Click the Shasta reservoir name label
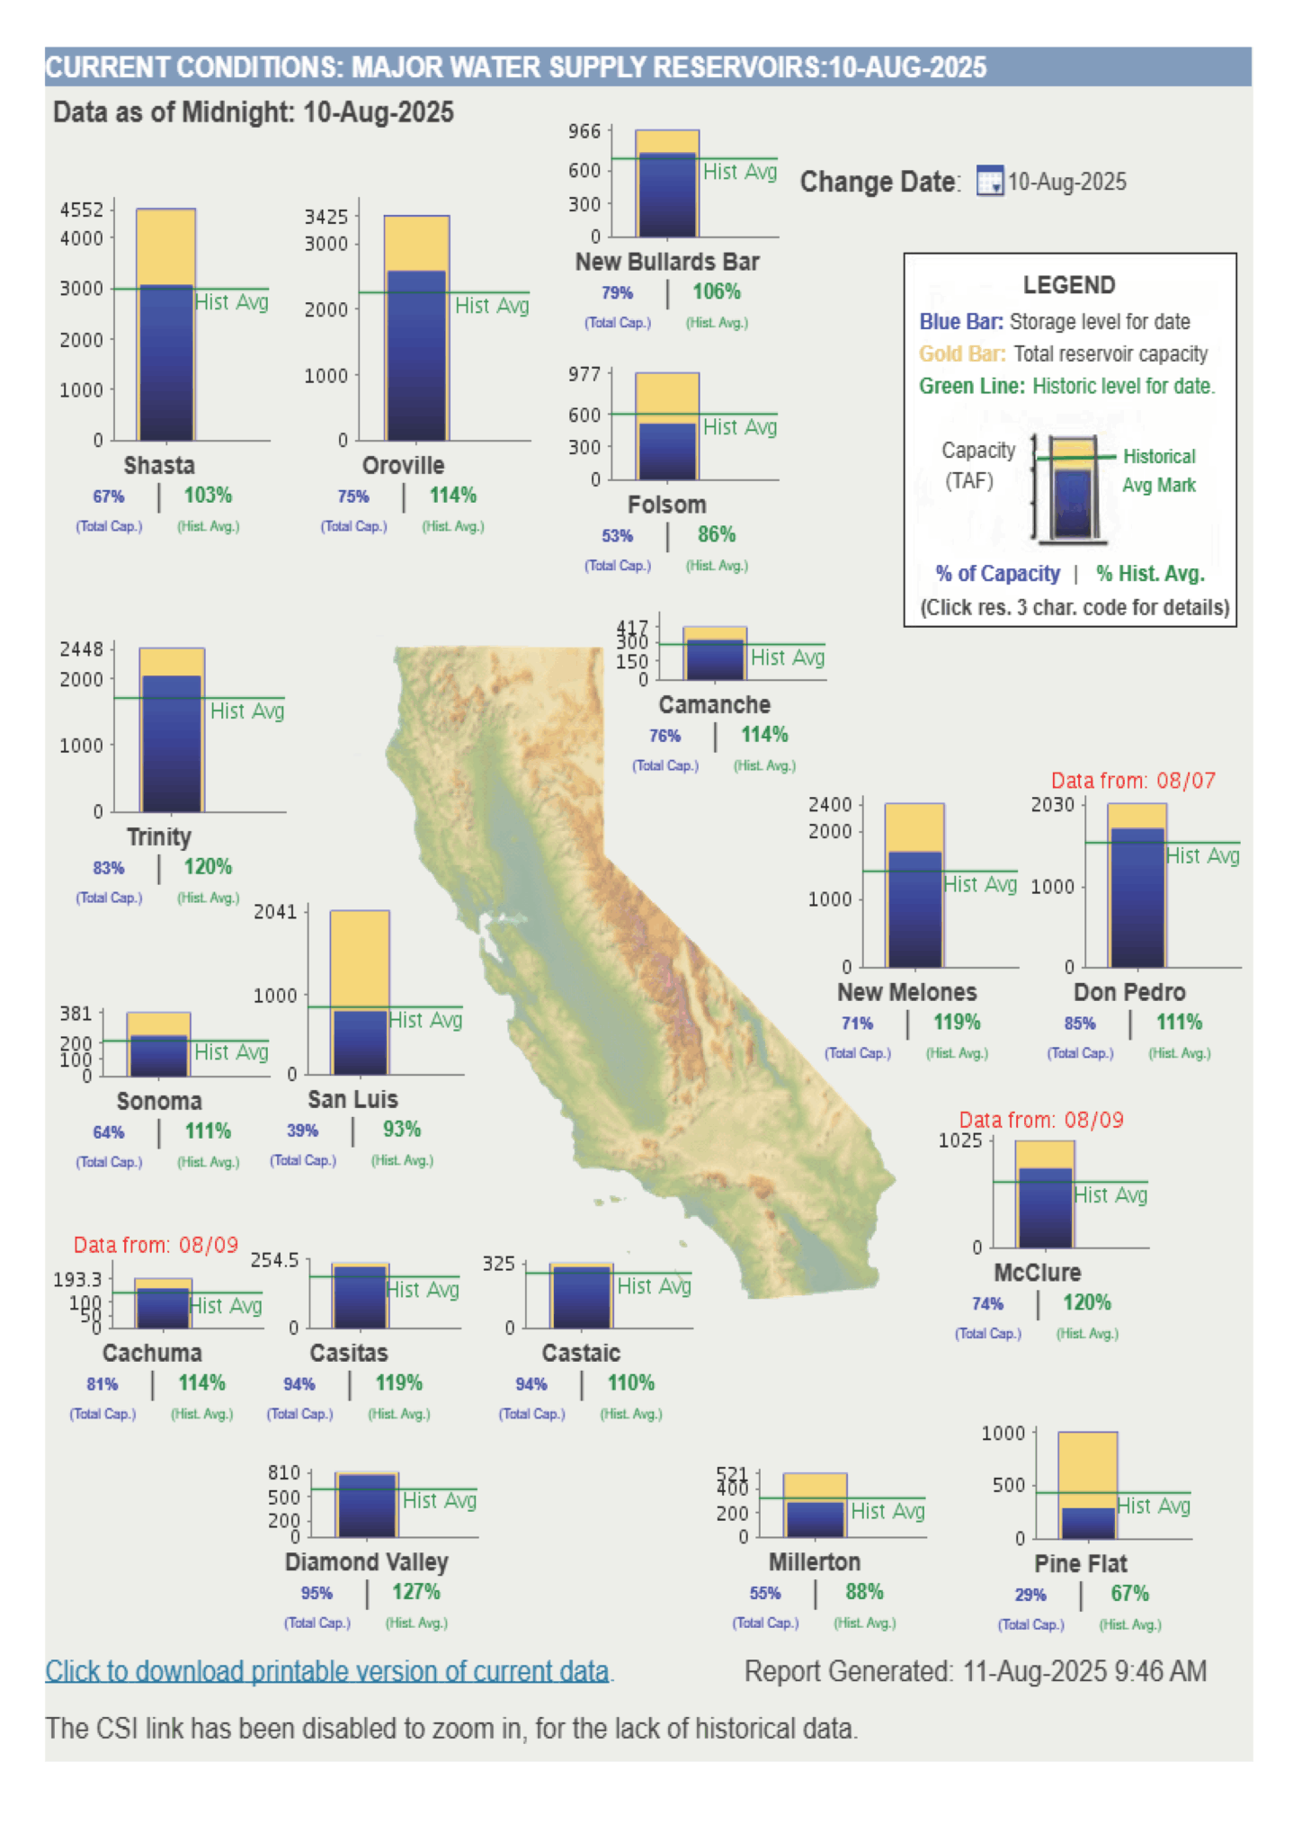(x=159, y=465)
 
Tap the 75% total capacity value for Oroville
(x=353, y=496)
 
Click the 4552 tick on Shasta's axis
(x=82, y=210)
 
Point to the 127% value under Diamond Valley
(x=415, y=1592)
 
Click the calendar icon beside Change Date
(x=989, y=181)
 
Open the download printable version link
(x=327, y=1671)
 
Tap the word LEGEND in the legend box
(x=1069, y=285)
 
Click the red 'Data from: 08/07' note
(x=1133, y=781)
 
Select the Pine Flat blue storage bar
(x=1088, y=1523)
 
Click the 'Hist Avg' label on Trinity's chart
(x=247, y=711)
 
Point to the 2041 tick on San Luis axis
(x=275, y=912)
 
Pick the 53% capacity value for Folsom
(x=617, y=536)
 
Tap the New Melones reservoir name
(x=906, y=992)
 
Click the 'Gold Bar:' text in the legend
(x=961, y=353)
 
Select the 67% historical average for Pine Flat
(x=1129, y=1594)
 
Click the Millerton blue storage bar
(x=816, y=1518)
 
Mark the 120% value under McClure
(x=1086, y=1302)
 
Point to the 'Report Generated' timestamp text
(x=975, y=1671)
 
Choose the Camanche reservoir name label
(x=714, y=704)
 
